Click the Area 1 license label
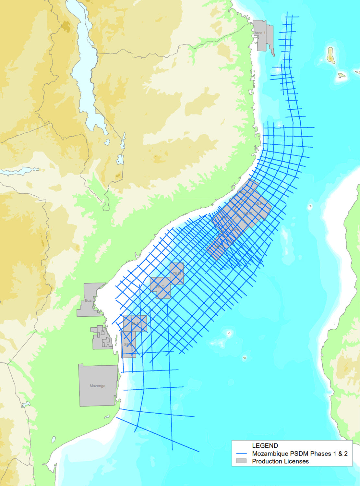click(x=260, y=33)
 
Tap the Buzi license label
click(x=89, y=300)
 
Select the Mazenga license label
click(x=97, y=386)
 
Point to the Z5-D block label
click(x=177, y=274)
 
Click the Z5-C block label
click(x=160, y=287)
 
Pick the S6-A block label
click(x=135, y=323)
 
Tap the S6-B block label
click(x=128, y=345)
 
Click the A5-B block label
click(x=258, y=204)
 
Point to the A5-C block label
click(x=248, y=214)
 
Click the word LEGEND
click(x=265, y=446)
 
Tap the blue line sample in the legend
click(x=242, y=454)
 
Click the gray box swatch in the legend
click(x=242, y=461)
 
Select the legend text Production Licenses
click(x=280, y=461)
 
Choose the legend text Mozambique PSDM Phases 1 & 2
click(x=300, y=454)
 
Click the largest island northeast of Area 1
click(x=330, y=55)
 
